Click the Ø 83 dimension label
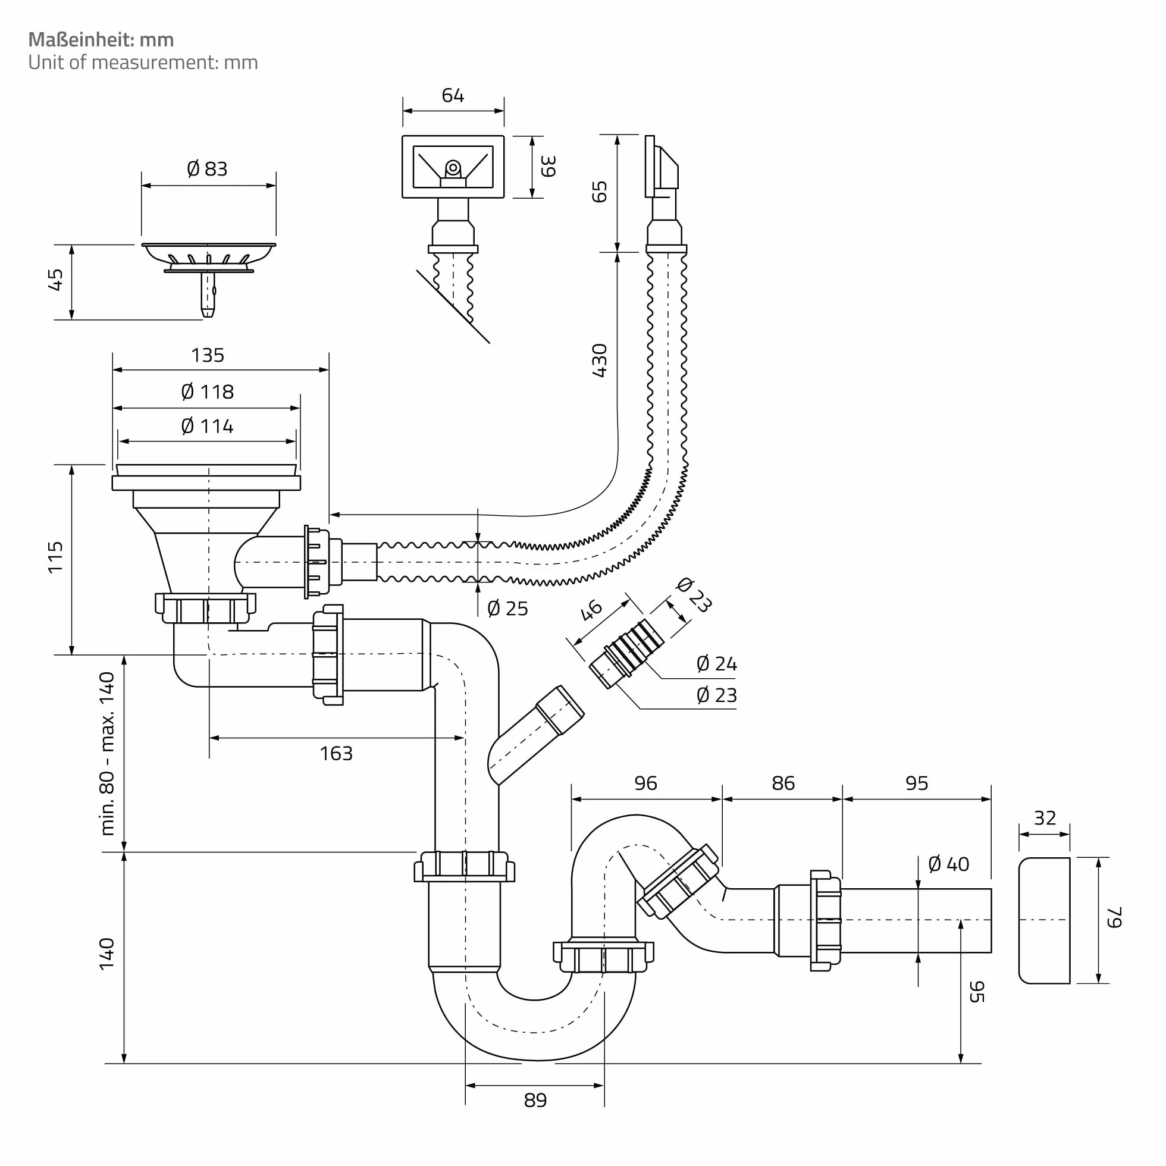[x=207, y=169]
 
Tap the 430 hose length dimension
[x=599, y=361]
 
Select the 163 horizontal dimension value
[x=336, y=753]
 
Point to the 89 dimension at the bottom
[x=535, y=1100]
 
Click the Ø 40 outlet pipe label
[x=949, y=864]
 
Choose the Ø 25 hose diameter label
[x=507, y=609]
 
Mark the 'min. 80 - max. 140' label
[x=107, y=753]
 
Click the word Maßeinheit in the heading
[x=81, y=40]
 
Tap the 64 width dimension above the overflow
[x=453, y=95]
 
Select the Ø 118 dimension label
[x=207, y=392]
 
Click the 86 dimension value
[x=783, y=783]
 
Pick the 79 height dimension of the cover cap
[x=1114, y=917]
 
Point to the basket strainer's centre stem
[x=208, y=294]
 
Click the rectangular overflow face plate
[x=453, y=167]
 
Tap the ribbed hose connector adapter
[x=627, y=654]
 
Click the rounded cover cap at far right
[x=1044, y=920]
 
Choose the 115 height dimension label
[x=55, y=557]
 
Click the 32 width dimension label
[x=1045, y=819]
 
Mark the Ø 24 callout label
[x=716, y=664]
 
